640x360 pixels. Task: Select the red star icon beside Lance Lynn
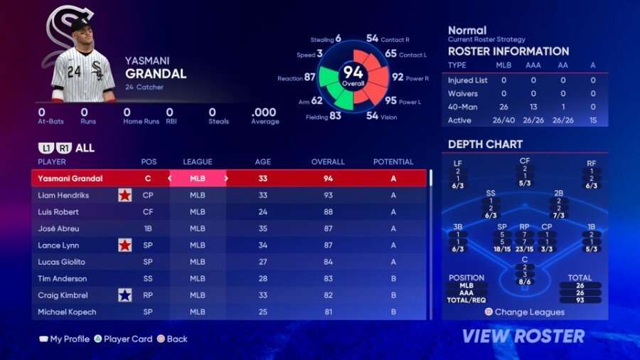(125, 245)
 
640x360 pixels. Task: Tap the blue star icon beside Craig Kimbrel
(125, 295)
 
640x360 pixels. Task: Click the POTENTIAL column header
(393, 162)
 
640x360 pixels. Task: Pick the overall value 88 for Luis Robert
(328, 212)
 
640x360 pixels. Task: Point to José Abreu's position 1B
(149, 228)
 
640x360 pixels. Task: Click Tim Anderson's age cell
(262, 279)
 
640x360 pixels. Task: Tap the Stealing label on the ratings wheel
(321, 40)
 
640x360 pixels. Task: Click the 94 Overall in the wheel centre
(353, 74)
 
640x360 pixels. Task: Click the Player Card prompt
(128, 339)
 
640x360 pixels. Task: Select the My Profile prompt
(69, 339)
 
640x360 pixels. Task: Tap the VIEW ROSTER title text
(523, 336)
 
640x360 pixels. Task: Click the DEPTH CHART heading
(485, 144)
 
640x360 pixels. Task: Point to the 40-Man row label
(461, 107)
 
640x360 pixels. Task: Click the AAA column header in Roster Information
(533, 65)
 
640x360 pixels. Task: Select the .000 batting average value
(264, 112)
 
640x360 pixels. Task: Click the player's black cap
(80, 24)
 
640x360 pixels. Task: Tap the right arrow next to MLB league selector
(226, 179)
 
